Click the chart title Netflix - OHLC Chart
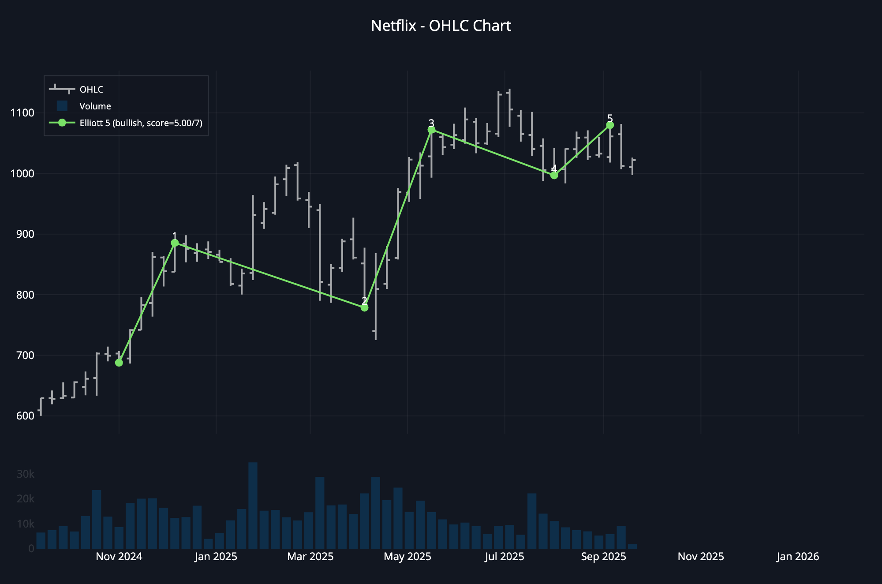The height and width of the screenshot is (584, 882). pos(441,26)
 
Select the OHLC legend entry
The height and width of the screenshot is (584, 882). pos(91,90)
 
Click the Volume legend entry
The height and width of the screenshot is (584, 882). pos(95,106)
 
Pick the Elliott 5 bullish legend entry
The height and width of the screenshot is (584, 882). pos(141,123)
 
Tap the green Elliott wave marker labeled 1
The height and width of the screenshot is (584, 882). pos(175,243)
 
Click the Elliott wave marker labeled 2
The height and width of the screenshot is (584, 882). pos(364,307)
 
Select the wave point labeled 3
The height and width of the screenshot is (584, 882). pos(431,130)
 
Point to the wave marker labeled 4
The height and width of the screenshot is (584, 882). pos(554,175)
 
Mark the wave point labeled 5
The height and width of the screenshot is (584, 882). pos(610,125)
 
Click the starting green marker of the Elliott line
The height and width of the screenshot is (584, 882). pos(119,363)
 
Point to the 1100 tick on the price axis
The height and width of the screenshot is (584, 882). pos(22,113)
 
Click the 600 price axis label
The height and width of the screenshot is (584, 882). pos(25,416)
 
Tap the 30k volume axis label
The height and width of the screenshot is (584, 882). pos(25,474)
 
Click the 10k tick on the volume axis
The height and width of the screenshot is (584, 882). pos(25,524)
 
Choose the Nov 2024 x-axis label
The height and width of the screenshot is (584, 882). pos(119,557)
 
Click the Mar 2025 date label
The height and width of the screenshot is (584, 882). pos(310,557)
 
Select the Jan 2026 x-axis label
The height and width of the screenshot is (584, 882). pos(797,557)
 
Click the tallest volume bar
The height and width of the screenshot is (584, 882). pos(253,505)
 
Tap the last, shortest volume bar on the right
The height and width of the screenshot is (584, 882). pos(632,547)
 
